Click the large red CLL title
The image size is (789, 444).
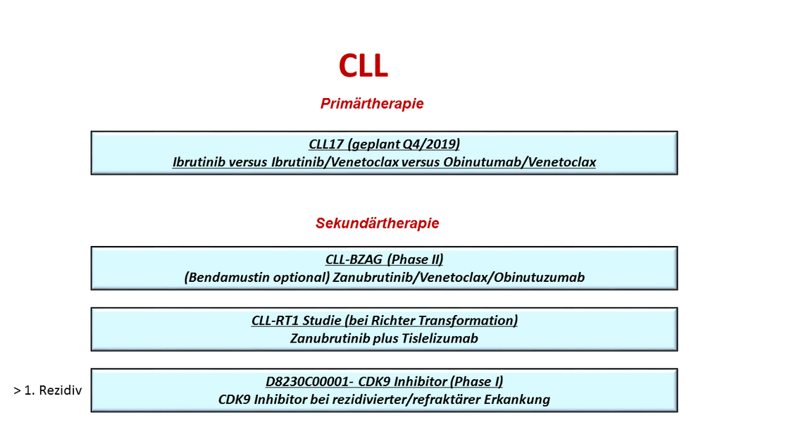tap(364, 66)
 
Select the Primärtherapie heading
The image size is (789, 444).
tap(372, 103)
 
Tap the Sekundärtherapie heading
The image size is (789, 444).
tap(378, 223)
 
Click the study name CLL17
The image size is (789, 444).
tap(326, 144)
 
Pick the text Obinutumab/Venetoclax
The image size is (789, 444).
tap(520, 162)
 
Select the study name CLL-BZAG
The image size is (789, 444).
tap(354, 259)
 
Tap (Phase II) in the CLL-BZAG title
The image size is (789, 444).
tap(416, 259)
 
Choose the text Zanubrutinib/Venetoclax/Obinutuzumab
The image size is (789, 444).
tap(459, 278)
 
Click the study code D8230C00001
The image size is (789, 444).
tap(307, 381)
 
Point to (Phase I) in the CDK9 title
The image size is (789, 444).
tap(476, 381)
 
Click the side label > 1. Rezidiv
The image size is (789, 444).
tap(48, 390)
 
